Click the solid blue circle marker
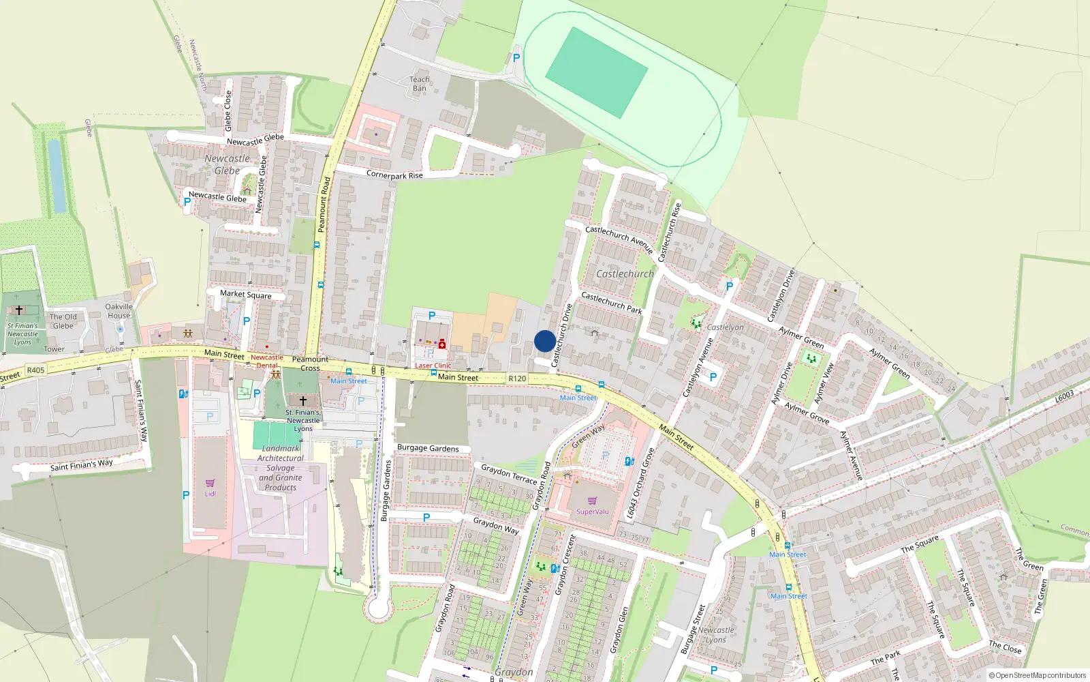545,341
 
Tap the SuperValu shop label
592,512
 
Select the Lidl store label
210,494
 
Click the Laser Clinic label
433,366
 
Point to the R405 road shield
35,370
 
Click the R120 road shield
517,379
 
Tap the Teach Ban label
420,84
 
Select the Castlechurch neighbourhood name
625,273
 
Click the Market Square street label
245,294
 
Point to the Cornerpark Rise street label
394,175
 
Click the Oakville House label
119,311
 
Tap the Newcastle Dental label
267,361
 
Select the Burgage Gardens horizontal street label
428,448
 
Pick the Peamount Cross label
310,364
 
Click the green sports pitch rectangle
596,72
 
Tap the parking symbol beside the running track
516,59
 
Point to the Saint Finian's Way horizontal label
82,465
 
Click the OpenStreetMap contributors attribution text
1037,675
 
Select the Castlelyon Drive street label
781,296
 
